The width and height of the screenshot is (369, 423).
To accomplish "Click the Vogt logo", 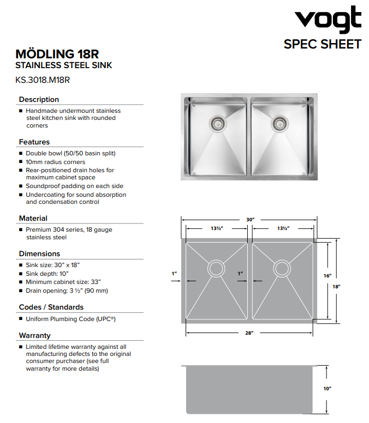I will (x=328, y=20).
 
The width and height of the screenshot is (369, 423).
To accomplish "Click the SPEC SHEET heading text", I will (x=322, y=44).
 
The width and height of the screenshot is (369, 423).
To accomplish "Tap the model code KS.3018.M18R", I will (x=43, y=80).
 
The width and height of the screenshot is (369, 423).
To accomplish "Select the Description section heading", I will (x=39, y=99).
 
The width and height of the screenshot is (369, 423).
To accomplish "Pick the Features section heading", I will (x=34, y=142).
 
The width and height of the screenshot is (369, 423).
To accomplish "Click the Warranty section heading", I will (x=34, y=335).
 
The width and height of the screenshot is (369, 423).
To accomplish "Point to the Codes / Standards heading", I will (x=51, y=307).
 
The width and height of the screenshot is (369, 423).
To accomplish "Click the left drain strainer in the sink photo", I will (x=217, y=123).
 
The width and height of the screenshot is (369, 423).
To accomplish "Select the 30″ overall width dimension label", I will (x=250, y=220).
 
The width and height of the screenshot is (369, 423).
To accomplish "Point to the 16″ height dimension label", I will (x=328, y=276).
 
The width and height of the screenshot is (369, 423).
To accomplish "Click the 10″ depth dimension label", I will (x=328, y=389).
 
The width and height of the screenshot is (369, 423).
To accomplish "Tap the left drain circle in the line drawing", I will (x=216, y=268).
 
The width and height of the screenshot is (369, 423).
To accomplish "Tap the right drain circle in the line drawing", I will (x=282, y=268).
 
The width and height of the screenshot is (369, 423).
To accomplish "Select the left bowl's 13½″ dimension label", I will (x=217, y=228).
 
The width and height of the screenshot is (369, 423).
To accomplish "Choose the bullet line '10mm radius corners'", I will (x=55, y=162).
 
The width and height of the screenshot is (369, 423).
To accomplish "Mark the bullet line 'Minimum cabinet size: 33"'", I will (x=63, y=282).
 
